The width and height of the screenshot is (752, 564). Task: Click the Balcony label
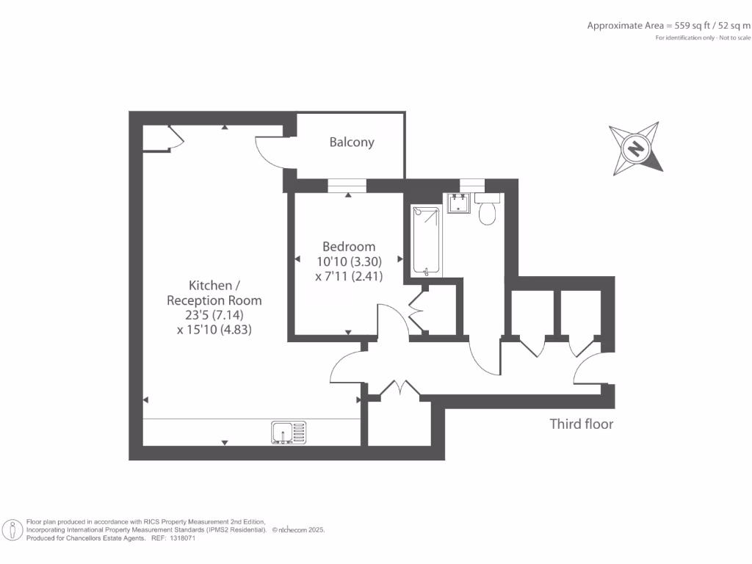click(352, 142)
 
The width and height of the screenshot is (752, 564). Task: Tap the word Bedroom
click(349, 247)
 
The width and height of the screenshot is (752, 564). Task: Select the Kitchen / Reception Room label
click(214, 292)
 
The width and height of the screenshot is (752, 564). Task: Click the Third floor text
click(582, 424)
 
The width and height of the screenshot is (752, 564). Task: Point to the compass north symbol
click(635, 149)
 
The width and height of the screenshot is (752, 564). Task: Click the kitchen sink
click(288, 433)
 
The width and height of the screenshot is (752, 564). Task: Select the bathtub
click(427, 241)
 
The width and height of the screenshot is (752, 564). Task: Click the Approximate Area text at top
click(668, 26)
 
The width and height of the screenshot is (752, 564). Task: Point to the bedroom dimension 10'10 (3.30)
click(349, 261)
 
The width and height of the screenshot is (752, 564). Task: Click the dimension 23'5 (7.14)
click(214, 315)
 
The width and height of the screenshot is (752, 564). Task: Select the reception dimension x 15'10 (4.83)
click(214, 330)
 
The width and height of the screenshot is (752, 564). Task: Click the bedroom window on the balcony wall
click(349, 186)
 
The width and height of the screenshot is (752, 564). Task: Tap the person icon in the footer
click(12, 529)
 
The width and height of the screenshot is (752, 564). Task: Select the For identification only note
click(703, 37)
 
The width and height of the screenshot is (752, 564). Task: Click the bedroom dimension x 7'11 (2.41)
click(349, 276)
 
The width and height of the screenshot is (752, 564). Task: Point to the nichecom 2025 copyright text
click(298, 529)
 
